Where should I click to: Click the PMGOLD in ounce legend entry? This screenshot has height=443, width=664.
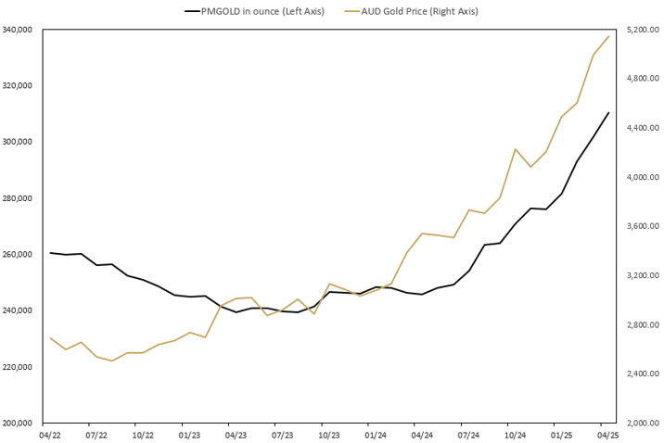point(250,11)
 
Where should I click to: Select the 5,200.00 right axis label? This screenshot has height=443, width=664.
point(643,30)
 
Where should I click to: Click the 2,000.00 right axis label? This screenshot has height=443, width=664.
point(643,424)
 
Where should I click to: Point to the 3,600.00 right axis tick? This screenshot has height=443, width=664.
point(643,226)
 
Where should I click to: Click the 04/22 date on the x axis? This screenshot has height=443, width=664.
point(50,434)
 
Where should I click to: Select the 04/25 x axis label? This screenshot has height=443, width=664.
point(607,434)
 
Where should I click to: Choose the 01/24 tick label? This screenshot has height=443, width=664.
point(376,434)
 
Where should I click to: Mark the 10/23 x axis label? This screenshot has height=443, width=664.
point(329,434)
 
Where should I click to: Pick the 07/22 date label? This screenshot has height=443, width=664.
point(96,434)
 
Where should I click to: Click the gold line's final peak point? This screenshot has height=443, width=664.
point(608,37)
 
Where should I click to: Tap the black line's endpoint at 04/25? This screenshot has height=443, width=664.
point(608,113)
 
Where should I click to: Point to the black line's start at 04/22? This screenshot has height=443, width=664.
point(50,253)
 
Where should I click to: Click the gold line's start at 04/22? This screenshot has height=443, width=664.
point(50,338)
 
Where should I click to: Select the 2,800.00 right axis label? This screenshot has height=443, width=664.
point(643,325)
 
